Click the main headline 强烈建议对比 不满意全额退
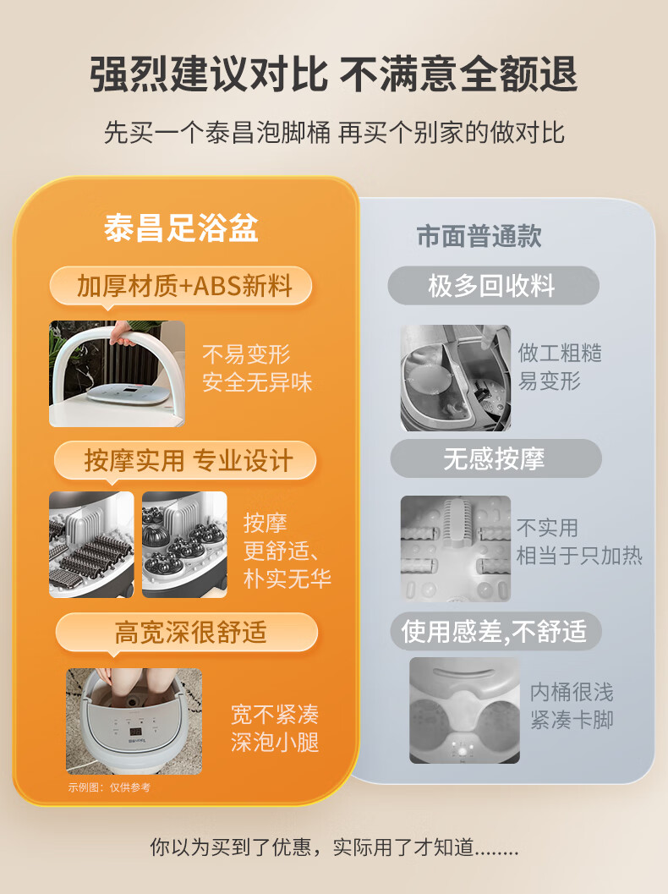click(334, 74)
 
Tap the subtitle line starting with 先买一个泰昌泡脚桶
click(334, 133)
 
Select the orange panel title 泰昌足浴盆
click(181, 228)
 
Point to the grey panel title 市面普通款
click(479, 235)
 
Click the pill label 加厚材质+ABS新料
click(181, 286)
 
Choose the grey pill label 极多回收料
click(493, 285)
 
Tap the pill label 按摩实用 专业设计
click(185, 460)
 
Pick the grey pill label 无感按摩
click(496, 458)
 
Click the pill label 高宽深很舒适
click(187, 633)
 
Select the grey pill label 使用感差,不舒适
click(496, 631)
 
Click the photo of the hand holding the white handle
click(117, 374)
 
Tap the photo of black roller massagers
click(92, 545)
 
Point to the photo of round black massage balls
click(184, 545)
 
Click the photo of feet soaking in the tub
click(134, 721)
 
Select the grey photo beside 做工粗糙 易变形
click(456, 377)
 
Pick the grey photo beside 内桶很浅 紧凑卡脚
click(464, 710)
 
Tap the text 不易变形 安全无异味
click(258, 368)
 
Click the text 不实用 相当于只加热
click(579, 541)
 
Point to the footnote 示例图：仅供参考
click(109, 787)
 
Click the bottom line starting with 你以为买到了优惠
click(334, 847)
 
